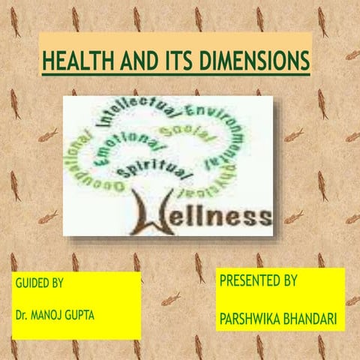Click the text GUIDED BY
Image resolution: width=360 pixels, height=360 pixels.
(x=39, y=285)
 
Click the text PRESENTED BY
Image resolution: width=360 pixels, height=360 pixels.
(x=258, y=281)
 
